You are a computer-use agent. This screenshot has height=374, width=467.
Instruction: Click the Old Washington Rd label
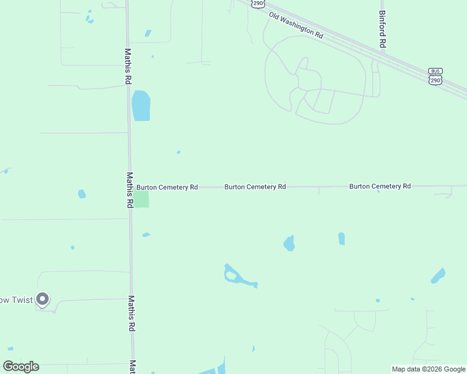(x=296, y=26)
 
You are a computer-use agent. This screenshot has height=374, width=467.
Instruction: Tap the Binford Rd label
(x=383, y=29)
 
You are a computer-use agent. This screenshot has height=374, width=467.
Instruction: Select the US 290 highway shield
(x=258, y=4)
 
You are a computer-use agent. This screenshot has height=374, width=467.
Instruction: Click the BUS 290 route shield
(x=435, y=76)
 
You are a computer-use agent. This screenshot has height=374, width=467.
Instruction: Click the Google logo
(x=21, y=366)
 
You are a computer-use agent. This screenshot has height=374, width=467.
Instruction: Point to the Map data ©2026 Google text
(x=428, y=369)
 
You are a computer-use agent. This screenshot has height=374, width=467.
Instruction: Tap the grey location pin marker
(x=42, y=300)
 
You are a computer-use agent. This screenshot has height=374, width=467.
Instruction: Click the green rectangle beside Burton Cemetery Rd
(x=142, y=199)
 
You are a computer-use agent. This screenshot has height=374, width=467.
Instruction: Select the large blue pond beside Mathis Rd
(x=141, y=106)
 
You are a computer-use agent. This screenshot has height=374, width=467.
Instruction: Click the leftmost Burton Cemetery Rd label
(x=167, y=187)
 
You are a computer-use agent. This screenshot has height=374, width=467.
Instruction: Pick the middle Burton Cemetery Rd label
(x=255, y=186)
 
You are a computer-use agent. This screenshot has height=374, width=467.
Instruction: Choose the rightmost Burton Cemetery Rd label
(x=380, y=186)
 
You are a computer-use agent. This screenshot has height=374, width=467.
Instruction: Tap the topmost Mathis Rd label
(x=128, y=67)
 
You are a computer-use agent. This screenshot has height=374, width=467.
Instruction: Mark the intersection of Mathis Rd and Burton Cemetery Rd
(x=130, y=186)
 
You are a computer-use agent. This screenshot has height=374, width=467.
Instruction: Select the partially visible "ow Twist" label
(x=14, y=300)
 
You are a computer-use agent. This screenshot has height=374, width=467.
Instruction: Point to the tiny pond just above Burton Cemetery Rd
(x=179, y=152)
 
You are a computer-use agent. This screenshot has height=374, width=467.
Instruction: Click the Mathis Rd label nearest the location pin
(x=132, y=314)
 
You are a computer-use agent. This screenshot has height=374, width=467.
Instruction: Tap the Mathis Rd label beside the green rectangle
(x=130, y=190)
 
